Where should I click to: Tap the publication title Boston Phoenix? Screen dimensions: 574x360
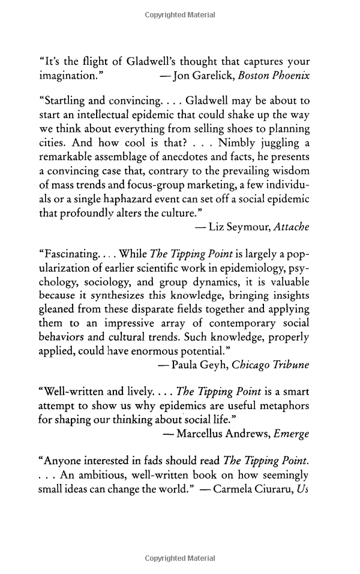click(273, 76)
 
